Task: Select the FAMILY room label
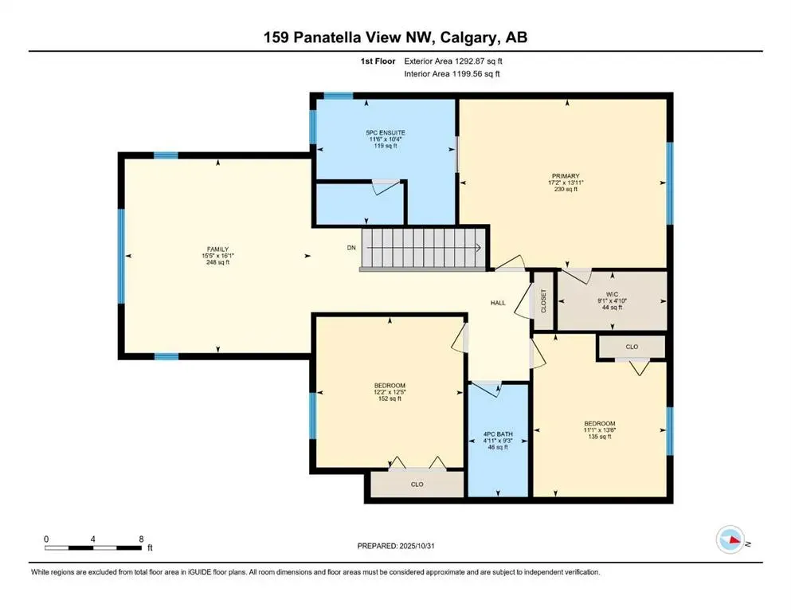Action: coord(217,249)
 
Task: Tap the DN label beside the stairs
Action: coord(350,248)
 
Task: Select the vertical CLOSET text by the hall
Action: coord(544,300)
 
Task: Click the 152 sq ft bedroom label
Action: coord(390,391)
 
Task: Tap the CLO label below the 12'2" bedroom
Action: coord(417,483)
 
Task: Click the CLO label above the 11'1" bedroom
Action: coord(632,347)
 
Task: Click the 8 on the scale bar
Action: coord(141,539)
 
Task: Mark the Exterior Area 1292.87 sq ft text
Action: coord(454,61)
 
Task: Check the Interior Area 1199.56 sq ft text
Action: coord(452,74)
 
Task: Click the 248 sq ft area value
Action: coord(217,262)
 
